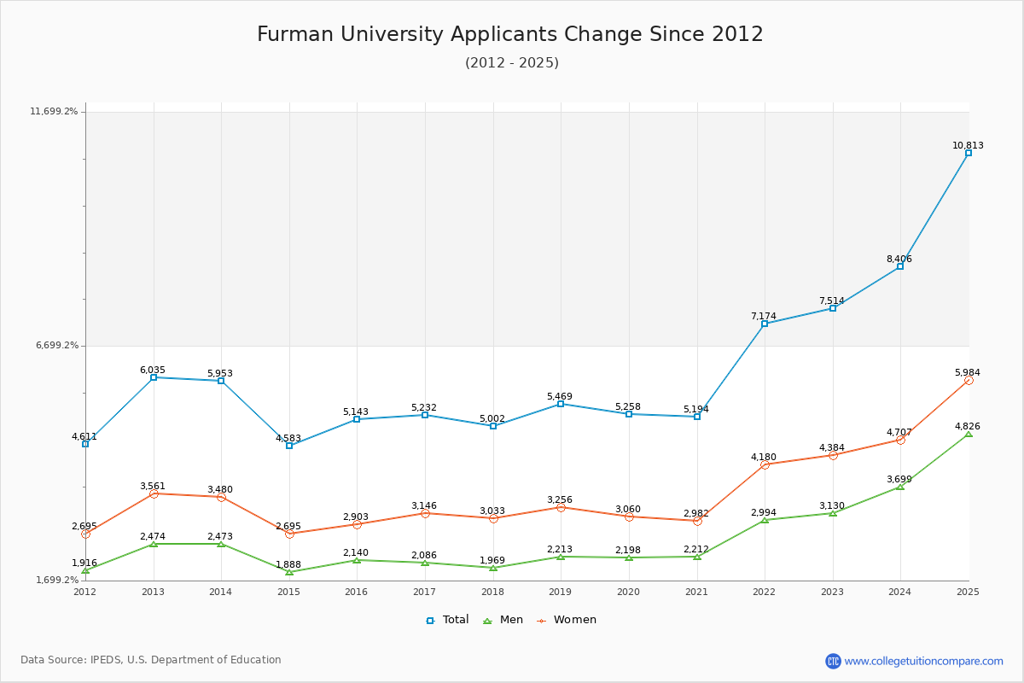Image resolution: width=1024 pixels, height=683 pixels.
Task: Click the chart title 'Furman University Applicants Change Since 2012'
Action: click(510, 34)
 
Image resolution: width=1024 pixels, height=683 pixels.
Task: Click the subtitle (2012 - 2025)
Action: click(512, 62)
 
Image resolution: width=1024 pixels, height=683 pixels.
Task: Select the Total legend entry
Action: click(447, 620)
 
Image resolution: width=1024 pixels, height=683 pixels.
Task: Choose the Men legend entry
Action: click(503, 620)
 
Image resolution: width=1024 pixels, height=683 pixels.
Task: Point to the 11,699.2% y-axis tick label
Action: click(54, 112)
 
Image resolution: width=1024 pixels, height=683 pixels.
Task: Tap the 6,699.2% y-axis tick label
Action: click(56, 346)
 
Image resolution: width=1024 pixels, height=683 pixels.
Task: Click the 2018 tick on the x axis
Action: click(492, 592)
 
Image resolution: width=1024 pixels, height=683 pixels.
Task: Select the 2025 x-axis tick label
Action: click(968, 592)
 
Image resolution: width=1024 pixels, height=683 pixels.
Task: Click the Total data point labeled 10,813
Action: click(969, 153)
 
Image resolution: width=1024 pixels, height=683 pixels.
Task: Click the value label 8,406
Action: click(899, 259)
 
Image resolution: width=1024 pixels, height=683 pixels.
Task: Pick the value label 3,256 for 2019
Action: click(560, 499)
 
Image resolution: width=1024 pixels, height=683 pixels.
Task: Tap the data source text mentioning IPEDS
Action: click(151, 660)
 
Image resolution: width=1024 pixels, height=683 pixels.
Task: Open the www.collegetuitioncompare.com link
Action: click(923, 661)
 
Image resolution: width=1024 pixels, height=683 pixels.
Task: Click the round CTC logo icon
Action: click(833, 661)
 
